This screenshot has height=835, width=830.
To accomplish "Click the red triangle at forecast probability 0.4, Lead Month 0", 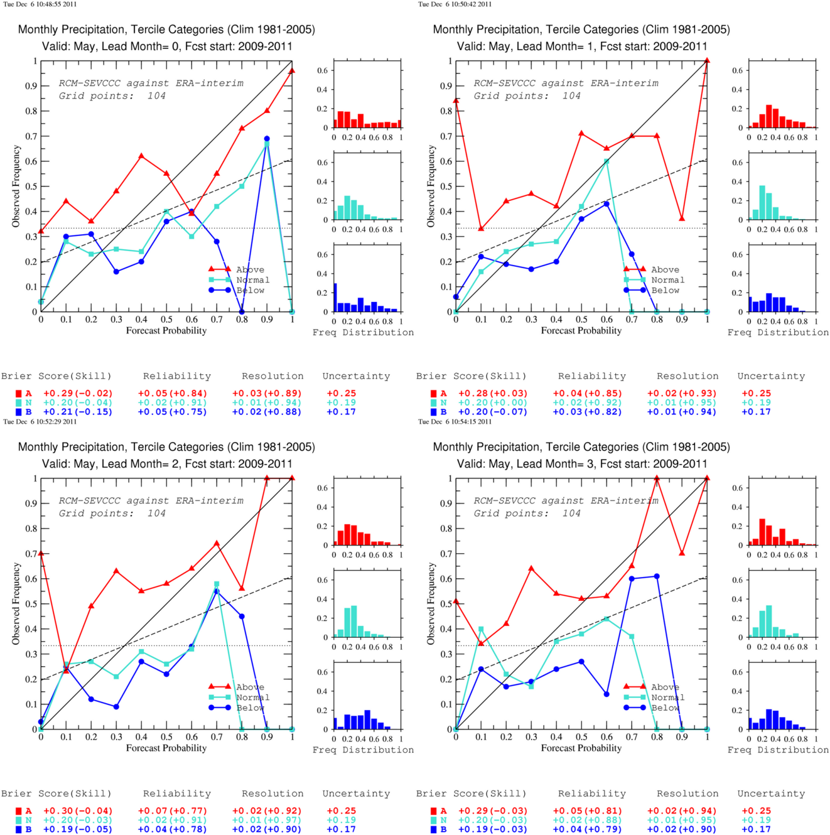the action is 141,156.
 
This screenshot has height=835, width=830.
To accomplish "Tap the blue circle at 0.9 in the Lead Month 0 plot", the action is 267,139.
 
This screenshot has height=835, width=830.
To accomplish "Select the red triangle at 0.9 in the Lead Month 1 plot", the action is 682,218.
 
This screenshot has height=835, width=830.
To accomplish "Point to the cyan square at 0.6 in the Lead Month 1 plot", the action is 606,161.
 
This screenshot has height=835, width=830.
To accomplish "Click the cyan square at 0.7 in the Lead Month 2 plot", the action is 217,584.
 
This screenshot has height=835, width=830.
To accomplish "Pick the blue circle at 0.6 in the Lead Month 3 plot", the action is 606,694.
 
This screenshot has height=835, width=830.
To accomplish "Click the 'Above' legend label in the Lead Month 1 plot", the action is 666,269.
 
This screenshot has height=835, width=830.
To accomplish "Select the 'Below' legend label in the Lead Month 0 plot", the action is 251,290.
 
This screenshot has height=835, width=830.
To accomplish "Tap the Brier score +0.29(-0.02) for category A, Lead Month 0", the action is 78,394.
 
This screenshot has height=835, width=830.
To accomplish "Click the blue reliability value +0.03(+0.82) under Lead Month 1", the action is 587,412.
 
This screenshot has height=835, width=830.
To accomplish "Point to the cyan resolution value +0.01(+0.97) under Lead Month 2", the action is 267,820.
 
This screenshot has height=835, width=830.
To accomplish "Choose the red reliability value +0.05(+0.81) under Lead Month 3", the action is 587,811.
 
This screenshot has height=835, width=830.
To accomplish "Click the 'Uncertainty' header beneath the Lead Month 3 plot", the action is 771,794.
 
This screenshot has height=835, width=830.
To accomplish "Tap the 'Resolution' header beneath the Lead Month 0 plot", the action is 272,376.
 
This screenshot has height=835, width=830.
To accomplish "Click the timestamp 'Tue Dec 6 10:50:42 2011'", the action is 455,4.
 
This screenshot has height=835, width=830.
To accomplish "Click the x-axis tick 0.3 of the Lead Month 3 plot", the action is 531,736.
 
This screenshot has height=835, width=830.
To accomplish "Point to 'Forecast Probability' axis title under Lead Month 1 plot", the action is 581,331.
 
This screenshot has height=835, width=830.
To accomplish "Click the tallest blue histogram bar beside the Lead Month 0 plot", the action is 335,298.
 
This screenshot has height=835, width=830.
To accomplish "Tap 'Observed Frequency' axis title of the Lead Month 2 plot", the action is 431,603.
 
